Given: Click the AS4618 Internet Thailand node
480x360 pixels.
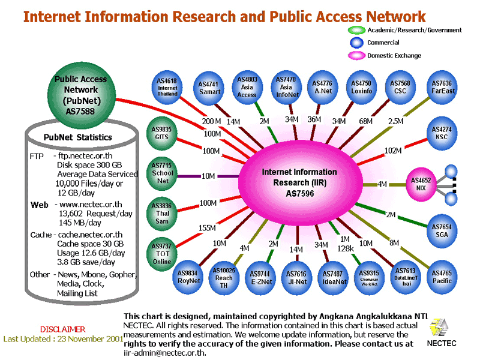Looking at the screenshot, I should (168, 87).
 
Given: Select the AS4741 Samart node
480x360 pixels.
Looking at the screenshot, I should (209, 88).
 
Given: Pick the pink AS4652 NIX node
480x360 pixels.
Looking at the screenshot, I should (421, 184).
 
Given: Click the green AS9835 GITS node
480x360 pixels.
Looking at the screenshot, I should (161, 133).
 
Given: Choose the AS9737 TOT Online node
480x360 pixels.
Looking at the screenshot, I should (161, 253).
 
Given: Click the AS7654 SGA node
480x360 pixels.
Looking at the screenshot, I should (442, 230).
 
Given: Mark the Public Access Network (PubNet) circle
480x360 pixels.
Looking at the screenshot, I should (81, 95).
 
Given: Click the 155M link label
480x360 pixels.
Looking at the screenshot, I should (206, 228).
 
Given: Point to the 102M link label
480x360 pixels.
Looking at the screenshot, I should (393, 150).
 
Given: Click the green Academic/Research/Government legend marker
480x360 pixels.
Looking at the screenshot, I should (357, 30).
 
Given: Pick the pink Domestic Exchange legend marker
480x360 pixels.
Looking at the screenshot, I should (357, 55).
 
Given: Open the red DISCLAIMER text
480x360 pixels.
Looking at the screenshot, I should (62, 329).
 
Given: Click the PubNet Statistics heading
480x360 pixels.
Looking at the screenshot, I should (78, 137).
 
